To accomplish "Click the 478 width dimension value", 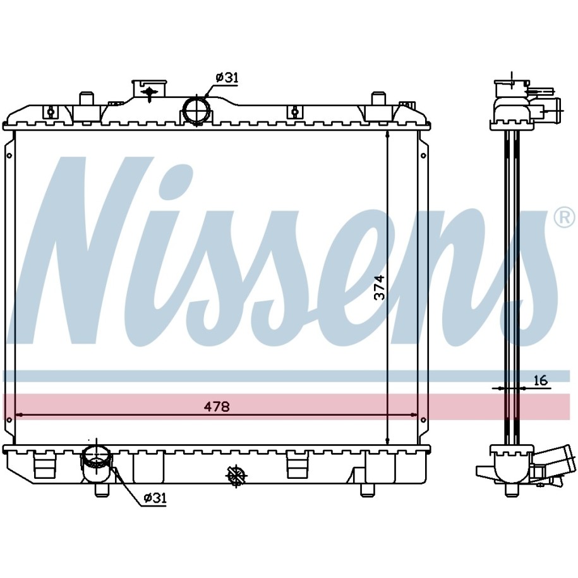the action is [x=217, y=407].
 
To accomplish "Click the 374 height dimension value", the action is [x=379, y=287].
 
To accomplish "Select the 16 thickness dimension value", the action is [x=540, y=380].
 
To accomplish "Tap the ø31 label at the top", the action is [x=227, y=78].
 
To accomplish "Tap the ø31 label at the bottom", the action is [x=155, y=498].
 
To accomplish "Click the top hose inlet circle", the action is [x=197, y=109].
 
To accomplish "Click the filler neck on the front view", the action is [x=149, y=90].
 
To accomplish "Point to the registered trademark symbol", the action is [x=564, y=218].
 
